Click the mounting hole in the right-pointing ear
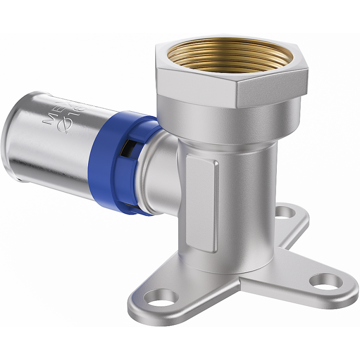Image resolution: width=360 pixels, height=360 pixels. pos(324,282)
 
